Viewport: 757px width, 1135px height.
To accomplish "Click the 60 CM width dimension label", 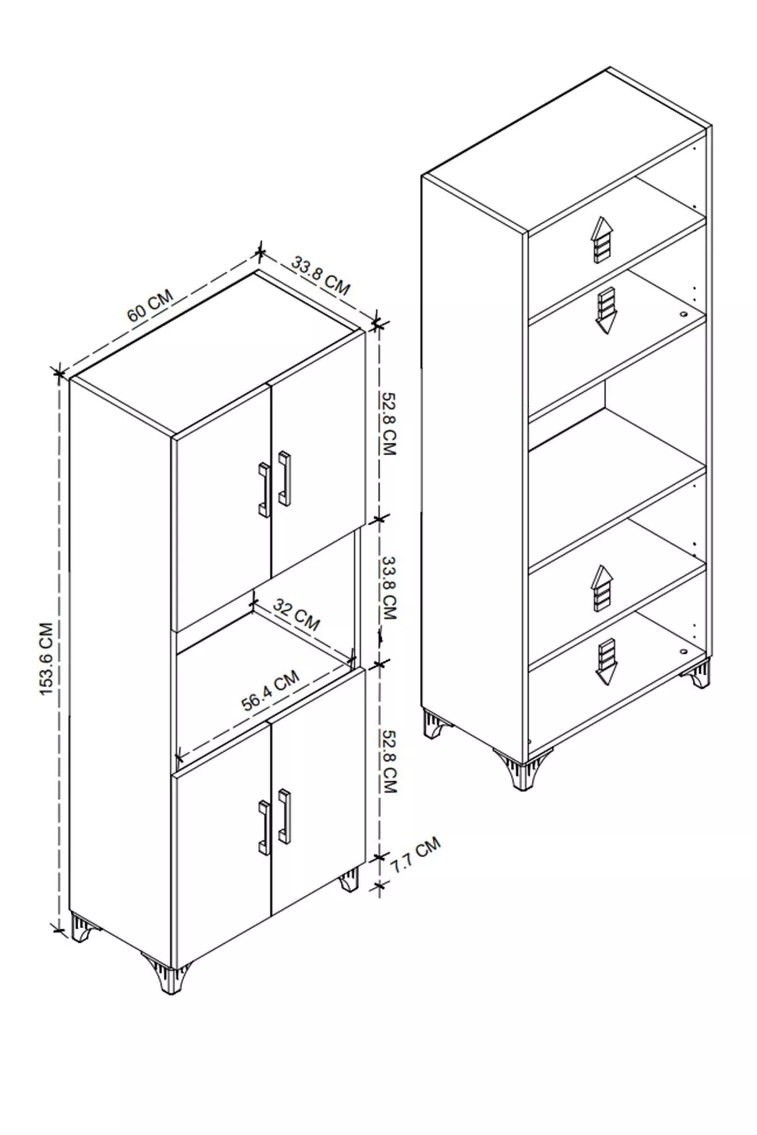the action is tap(150, 306).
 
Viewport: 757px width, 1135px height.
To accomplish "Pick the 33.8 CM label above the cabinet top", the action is tap(320, 275).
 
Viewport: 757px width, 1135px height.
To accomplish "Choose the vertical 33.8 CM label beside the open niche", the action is tap(389, 588).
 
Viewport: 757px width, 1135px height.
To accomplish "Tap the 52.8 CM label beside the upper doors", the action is tap(387, 424).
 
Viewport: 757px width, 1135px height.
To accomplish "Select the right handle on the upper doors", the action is tap(285, 477).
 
